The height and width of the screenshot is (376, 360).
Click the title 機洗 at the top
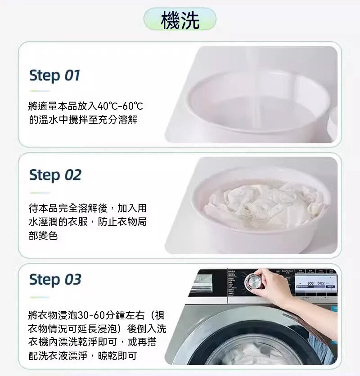[180, 20]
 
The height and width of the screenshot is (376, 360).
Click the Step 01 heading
[54, 76]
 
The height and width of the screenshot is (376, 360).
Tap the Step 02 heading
[55, 175]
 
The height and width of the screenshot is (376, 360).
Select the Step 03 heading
[55, 279]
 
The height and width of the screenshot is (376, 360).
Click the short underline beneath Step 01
[40, 91]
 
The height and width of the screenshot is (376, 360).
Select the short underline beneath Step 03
[40, 297]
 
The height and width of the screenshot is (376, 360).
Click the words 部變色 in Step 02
[43, 235]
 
